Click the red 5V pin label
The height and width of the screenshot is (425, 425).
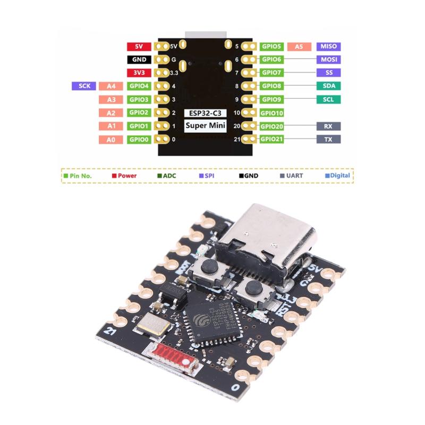click(x=139, y=47)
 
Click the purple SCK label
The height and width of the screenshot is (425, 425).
click(x=84, y=86)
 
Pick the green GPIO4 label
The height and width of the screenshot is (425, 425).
click(x=139, y=86)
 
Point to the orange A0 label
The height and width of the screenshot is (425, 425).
click(x=111, y=140)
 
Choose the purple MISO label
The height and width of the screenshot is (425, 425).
click(x=328, y=47)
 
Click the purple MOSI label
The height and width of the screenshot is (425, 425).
click(x=328, y=59)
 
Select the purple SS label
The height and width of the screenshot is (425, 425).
click(x=328, y=72)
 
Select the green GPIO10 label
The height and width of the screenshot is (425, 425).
click(x=272, y=113)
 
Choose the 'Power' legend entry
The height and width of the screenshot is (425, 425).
click(x=124, y=175)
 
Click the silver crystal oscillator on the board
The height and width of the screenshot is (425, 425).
click(x=152, y=324)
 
